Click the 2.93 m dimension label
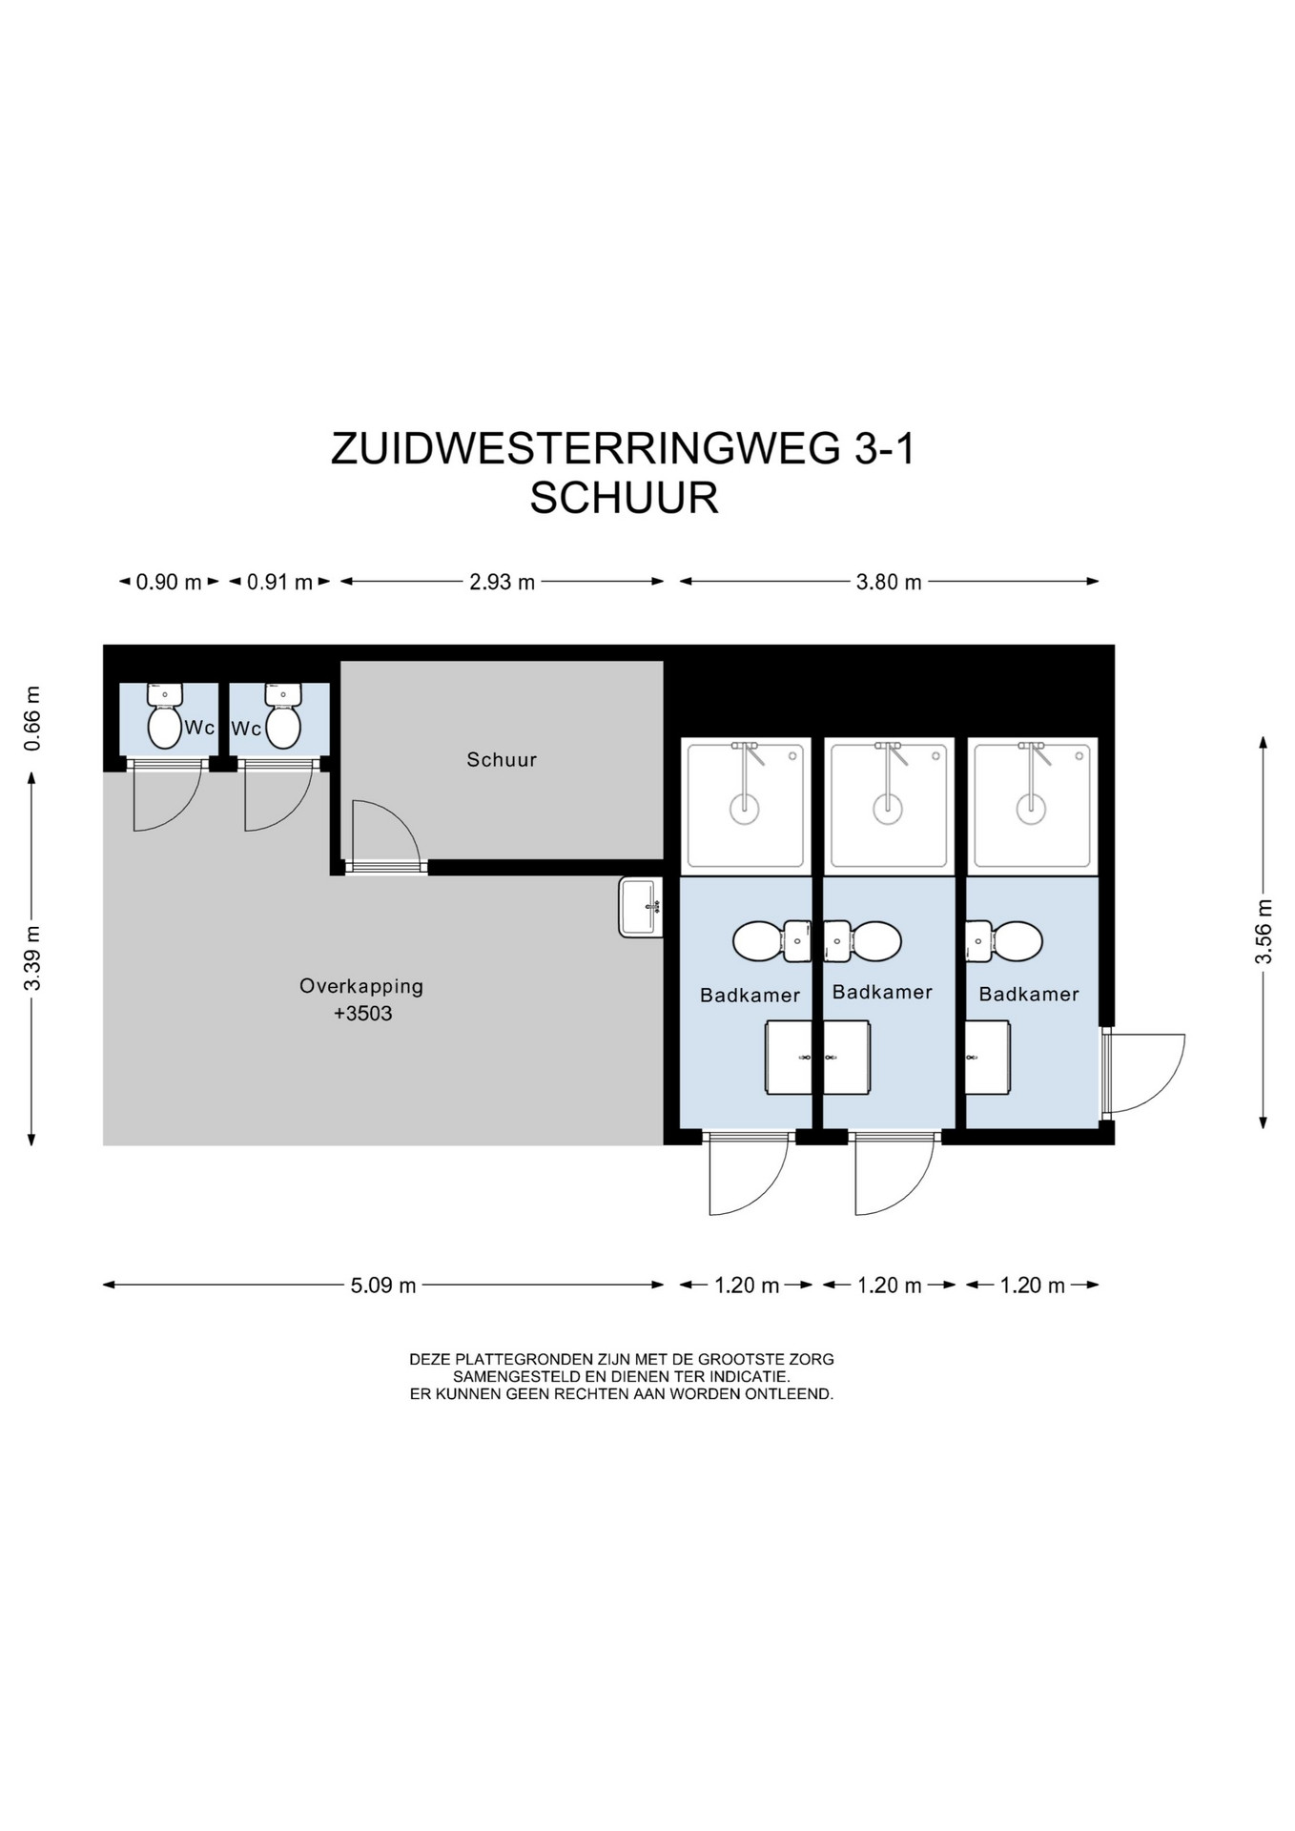pyautogui.click(x=502, y=582)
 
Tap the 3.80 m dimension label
pyautogui.click(x=889, y=582)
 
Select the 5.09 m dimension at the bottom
pyautogui.click(x=383, y=1286)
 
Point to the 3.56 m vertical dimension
pyautogui.click(x=1264, y=932)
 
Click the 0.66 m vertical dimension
pyautogui.click(x=32, y=718)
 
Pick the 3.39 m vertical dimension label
pyautogui.click(x=32, y=957)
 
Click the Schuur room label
pyautogui.click(x=502, y=760)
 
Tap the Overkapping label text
pyautogui.click(x=361, y=986)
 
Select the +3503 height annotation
pyautogui.click(x=363, y=1014)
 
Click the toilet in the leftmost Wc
pyautogui.click(x=165, y=716)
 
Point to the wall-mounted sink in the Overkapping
pyautogui.click(x=641, y=907)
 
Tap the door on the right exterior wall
pyautogui.click(x=1142, y=1073)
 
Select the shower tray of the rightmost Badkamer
pyautogui.click(x=1032, y=807)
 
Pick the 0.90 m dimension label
pyautogui.click(x=169, y=582)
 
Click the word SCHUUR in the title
pyautogui.click(x=624, y=499)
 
